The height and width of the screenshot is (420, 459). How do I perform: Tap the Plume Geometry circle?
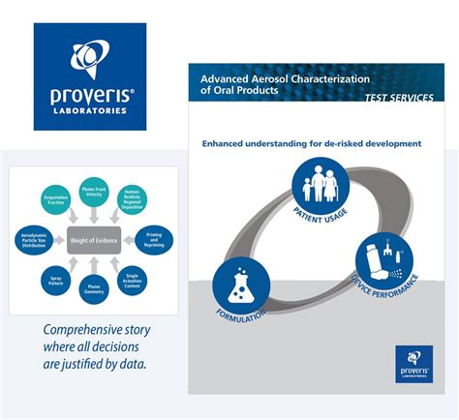point(93,291)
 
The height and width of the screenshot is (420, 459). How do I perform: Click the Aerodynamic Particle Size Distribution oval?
point(34,239)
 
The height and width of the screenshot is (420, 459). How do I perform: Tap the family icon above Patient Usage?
point(313,184)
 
